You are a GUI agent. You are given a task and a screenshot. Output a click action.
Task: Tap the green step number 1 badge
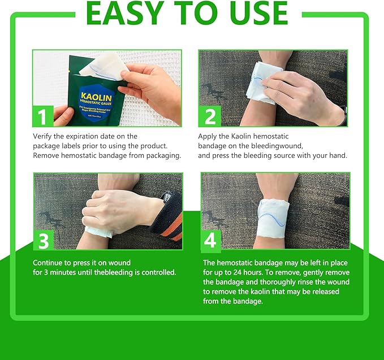(x=42, y=116)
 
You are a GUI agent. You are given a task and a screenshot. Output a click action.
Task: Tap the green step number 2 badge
(x=210, y=116)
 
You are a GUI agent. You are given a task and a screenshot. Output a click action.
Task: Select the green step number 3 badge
(x=42, y=240)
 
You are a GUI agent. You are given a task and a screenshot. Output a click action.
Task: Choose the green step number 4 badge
(x=210, y=240)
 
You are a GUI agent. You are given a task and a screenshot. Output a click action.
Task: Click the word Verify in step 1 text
(x=43, y=136)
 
